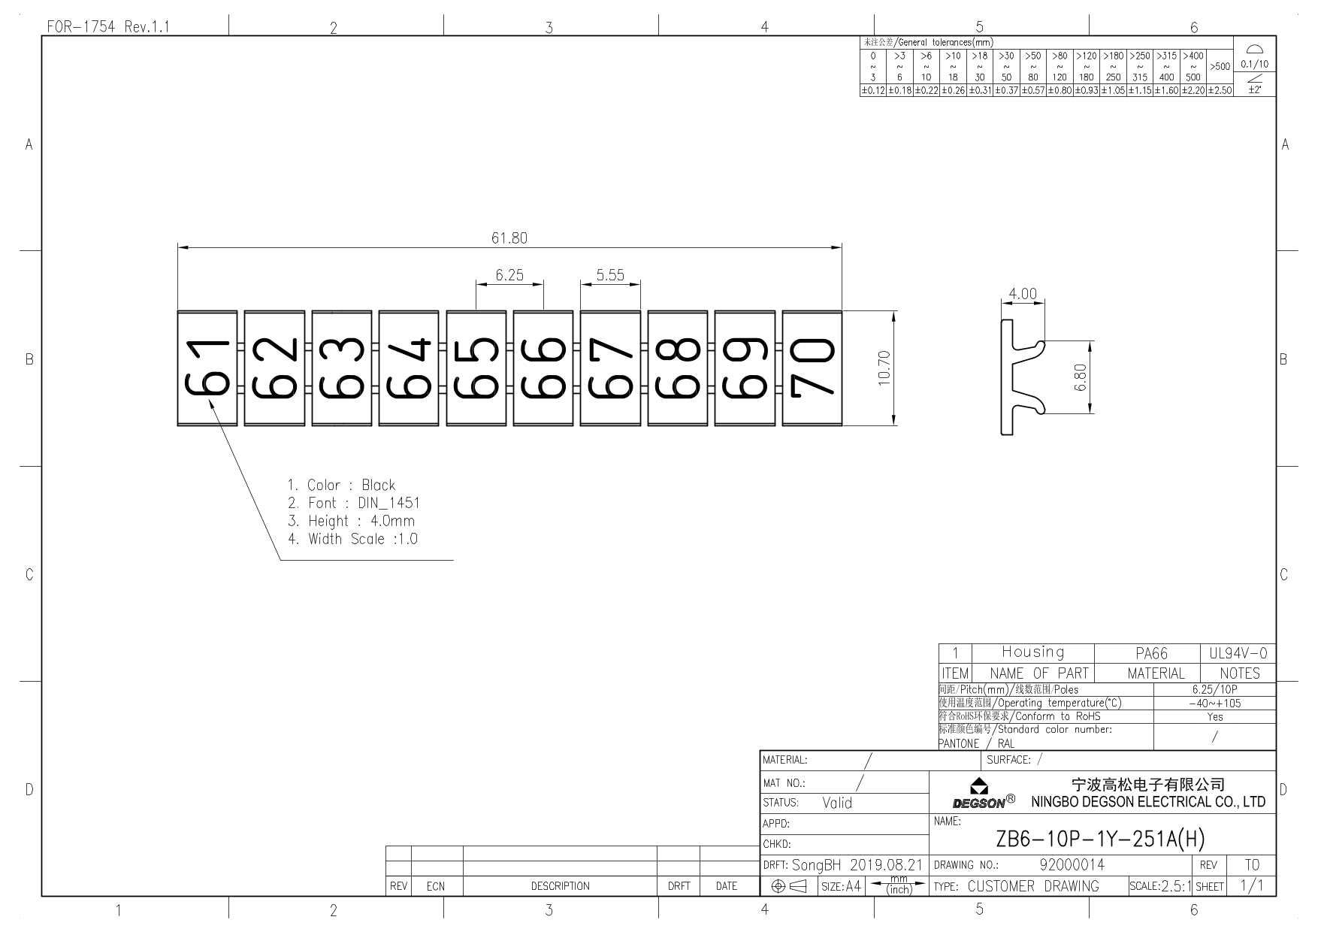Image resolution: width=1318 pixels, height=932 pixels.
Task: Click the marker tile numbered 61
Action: coord(207,368)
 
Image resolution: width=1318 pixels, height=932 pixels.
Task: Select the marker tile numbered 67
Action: coord(610,368)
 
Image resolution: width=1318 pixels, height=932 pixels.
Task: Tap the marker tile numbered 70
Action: coord(812,368)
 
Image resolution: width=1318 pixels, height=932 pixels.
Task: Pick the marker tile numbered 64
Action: coord(409,368)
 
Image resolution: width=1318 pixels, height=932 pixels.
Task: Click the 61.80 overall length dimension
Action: coord(509,238)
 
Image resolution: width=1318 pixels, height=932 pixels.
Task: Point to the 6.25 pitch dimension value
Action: coord(509,275)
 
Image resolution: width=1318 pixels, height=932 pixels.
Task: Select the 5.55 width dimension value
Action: coord(610,275)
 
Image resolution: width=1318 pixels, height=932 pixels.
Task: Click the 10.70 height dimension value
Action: coord(884,368)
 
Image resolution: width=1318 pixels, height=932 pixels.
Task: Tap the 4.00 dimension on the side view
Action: coord(1022,294)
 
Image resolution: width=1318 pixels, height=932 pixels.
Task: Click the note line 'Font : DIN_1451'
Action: coord(354,503)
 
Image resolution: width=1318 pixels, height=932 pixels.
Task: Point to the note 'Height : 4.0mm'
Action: coord(351,521)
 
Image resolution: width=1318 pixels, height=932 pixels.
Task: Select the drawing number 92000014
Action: coord(1072,865)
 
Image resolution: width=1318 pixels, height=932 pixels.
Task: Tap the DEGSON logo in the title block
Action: coord(984,794)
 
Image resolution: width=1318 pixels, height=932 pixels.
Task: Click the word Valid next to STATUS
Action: coord(837,803)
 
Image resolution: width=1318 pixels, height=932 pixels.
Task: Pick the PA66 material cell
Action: coord(1151,654)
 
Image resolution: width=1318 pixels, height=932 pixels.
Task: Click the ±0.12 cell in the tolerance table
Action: coord(872,91)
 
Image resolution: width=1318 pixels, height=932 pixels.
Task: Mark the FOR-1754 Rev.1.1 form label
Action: coord(108,27)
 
